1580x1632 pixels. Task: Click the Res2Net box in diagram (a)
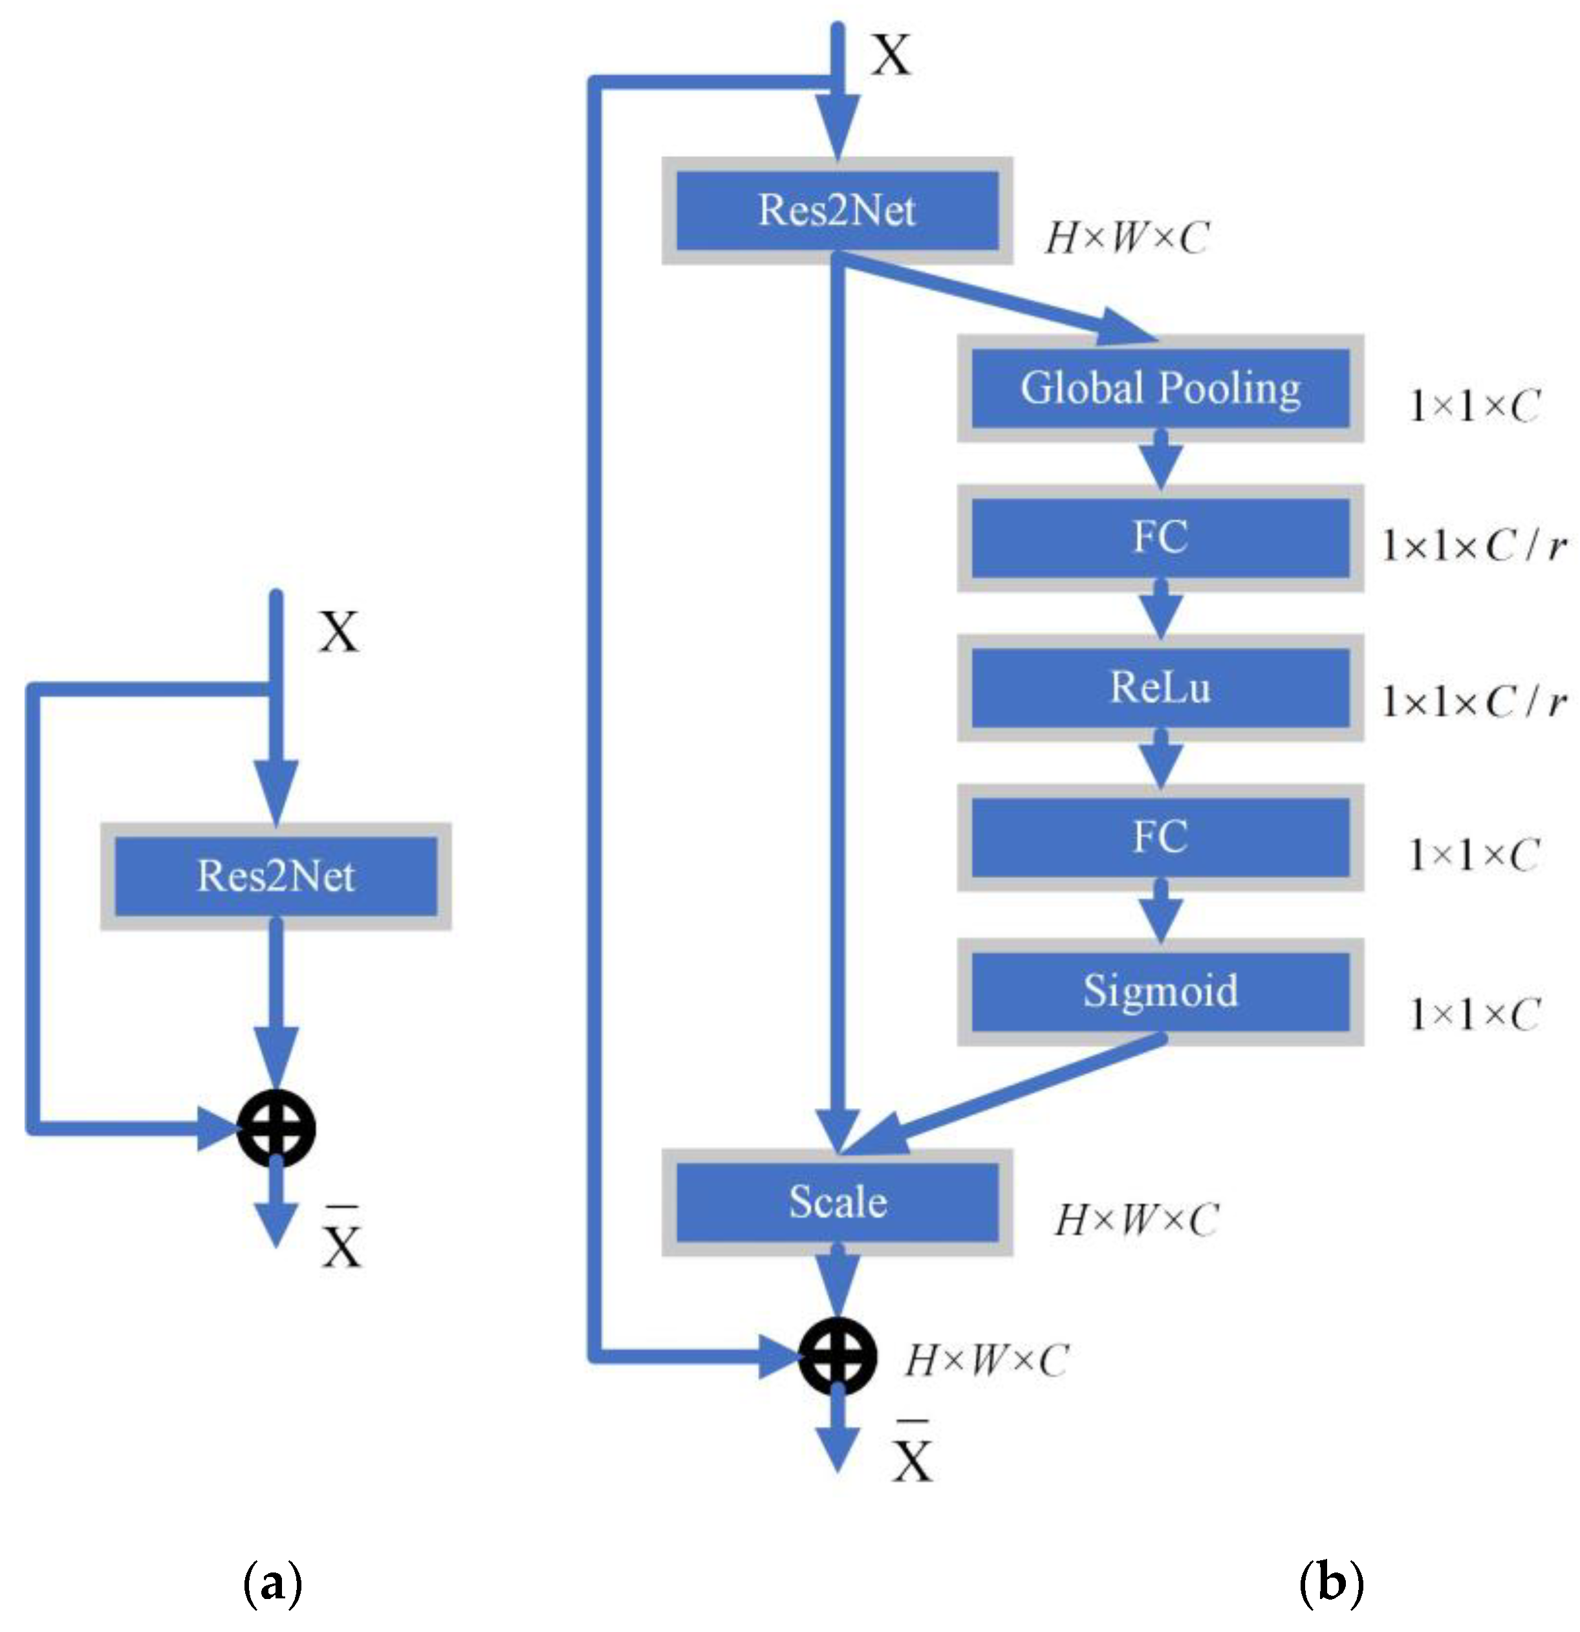(276, 876)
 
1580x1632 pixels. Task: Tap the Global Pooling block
(1160, 388)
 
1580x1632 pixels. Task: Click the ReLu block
(1160, 688)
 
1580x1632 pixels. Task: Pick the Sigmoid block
(1160, 991)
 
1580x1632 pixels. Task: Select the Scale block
(837, 1201)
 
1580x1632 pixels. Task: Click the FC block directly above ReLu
(1160, 537)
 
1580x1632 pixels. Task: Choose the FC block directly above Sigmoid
(1160, 837)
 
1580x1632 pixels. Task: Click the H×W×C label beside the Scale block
(1136, 1221)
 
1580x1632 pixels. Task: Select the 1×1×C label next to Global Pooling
(1473, 406)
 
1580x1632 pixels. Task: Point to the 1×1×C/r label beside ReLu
(1473, 702)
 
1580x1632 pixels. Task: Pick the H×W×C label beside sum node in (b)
(986, 1360)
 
